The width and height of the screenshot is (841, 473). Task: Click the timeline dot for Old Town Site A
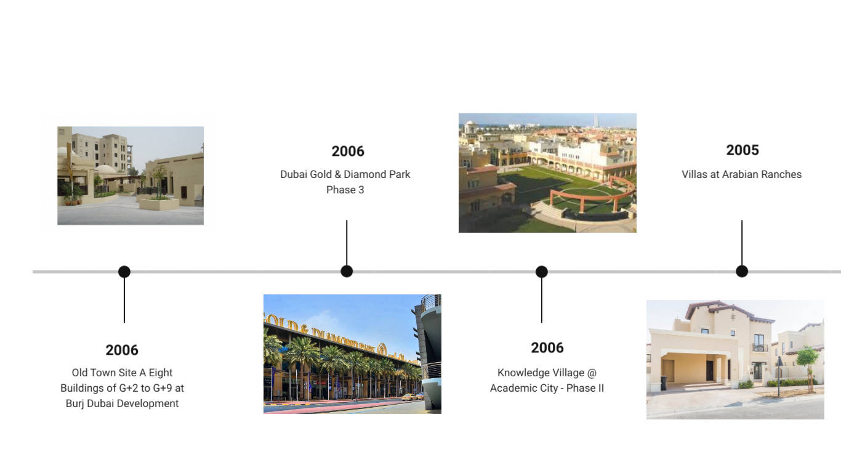(124, 272)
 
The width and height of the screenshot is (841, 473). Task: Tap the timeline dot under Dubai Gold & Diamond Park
(347, 271)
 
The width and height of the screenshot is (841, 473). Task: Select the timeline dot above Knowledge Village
(541, 272)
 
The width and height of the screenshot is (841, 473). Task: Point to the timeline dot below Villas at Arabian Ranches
(742, 271)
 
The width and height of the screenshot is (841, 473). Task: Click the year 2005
(742, 150)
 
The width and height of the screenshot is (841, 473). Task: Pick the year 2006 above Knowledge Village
(547, 347)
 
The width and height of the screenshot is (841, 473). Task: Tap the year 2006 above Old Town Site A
(122, 350)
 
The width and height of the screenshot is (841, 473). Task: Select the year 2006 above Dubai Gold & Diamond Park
(348, 151)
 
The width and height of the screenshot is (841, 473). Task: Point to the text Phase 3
(345, 190)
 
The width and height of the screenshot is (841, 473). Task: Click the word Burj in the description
(74, 403)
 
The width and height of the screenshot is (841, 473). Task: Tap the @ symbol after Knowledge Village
(592, 373)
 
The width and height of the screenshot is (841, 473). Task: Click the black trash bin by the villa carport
(664, 383)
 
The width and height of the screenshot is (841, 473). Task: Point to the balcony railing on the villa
(760, 347)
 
